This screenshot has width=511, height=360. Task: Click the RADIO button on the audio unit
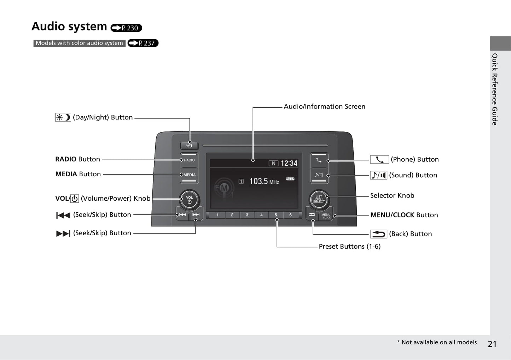coord(189,160)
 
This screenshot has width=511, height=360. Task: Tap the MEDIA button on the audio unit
coord(189,175)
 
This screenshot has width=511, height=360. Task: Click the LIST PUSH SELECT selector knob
coord(319,199)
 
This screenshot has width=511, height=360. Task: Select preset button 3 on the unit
coord(247,215)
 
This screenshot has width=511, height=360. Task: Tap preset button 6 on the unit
coord(290,215)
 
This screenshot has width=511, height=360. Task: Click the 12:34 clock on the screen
coord(289,163)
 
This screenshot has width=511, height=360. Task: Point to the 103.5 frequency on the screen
coord(259,181)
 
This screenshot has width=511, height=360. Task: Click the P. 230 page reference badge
coord(126,28)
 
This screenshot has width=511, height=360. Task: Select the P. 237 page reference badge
coord(143,43)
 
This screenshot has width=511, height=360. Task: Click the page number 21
coord(492,344)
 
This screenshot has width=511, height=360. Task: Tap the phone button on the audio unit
coord(319,160)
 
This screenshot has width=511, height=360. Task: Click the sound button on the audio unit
coord(319,175)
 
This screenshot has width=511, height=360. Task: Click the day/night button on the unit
coord(189,146)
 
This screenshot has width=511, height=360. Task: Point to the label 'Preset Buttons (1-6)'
coord(349,247)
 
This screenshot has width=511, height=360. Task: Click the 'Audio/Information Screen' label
coord(324,107)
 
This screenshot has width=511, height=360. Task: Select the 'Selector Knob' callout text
coord(392,196)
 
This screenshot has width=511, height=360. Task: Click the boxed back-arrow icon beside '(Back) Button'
coord(378,234)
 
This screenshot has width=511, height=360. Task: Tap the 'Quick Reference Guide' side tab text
coord(495,89)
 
